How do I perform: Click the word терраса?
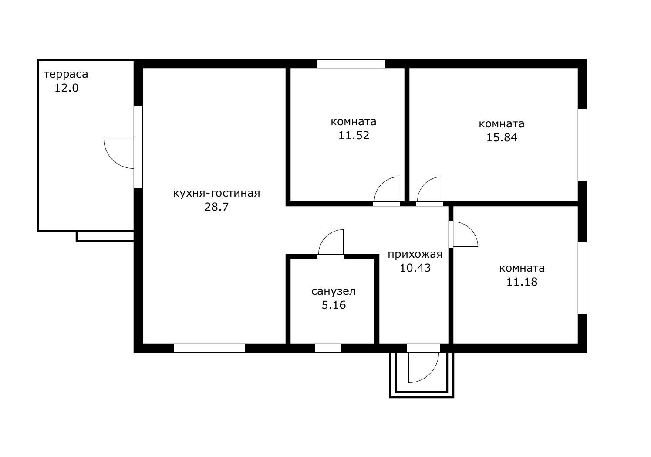66,75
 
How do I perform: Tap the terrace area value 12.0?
67,88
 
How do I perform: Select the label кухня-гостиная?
216,193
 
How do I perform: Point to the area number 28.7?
216,207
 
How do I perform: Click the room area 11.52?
354,135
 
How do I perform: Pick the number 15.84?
502,138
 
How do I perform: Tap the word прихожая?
415,254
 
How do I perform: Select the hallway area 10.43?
415,268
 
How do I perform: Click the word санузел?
334,291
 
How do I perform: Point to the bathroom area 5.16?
334,305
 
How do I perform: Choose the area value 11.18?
522,282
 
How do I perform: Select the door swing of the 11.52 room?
381,184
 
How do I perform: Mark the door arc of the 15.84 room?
425,184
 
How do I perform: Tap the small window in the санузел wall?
327,348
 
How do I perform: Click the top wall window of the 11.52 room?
351,64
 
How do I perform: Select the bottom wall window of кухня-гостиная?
209,348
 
